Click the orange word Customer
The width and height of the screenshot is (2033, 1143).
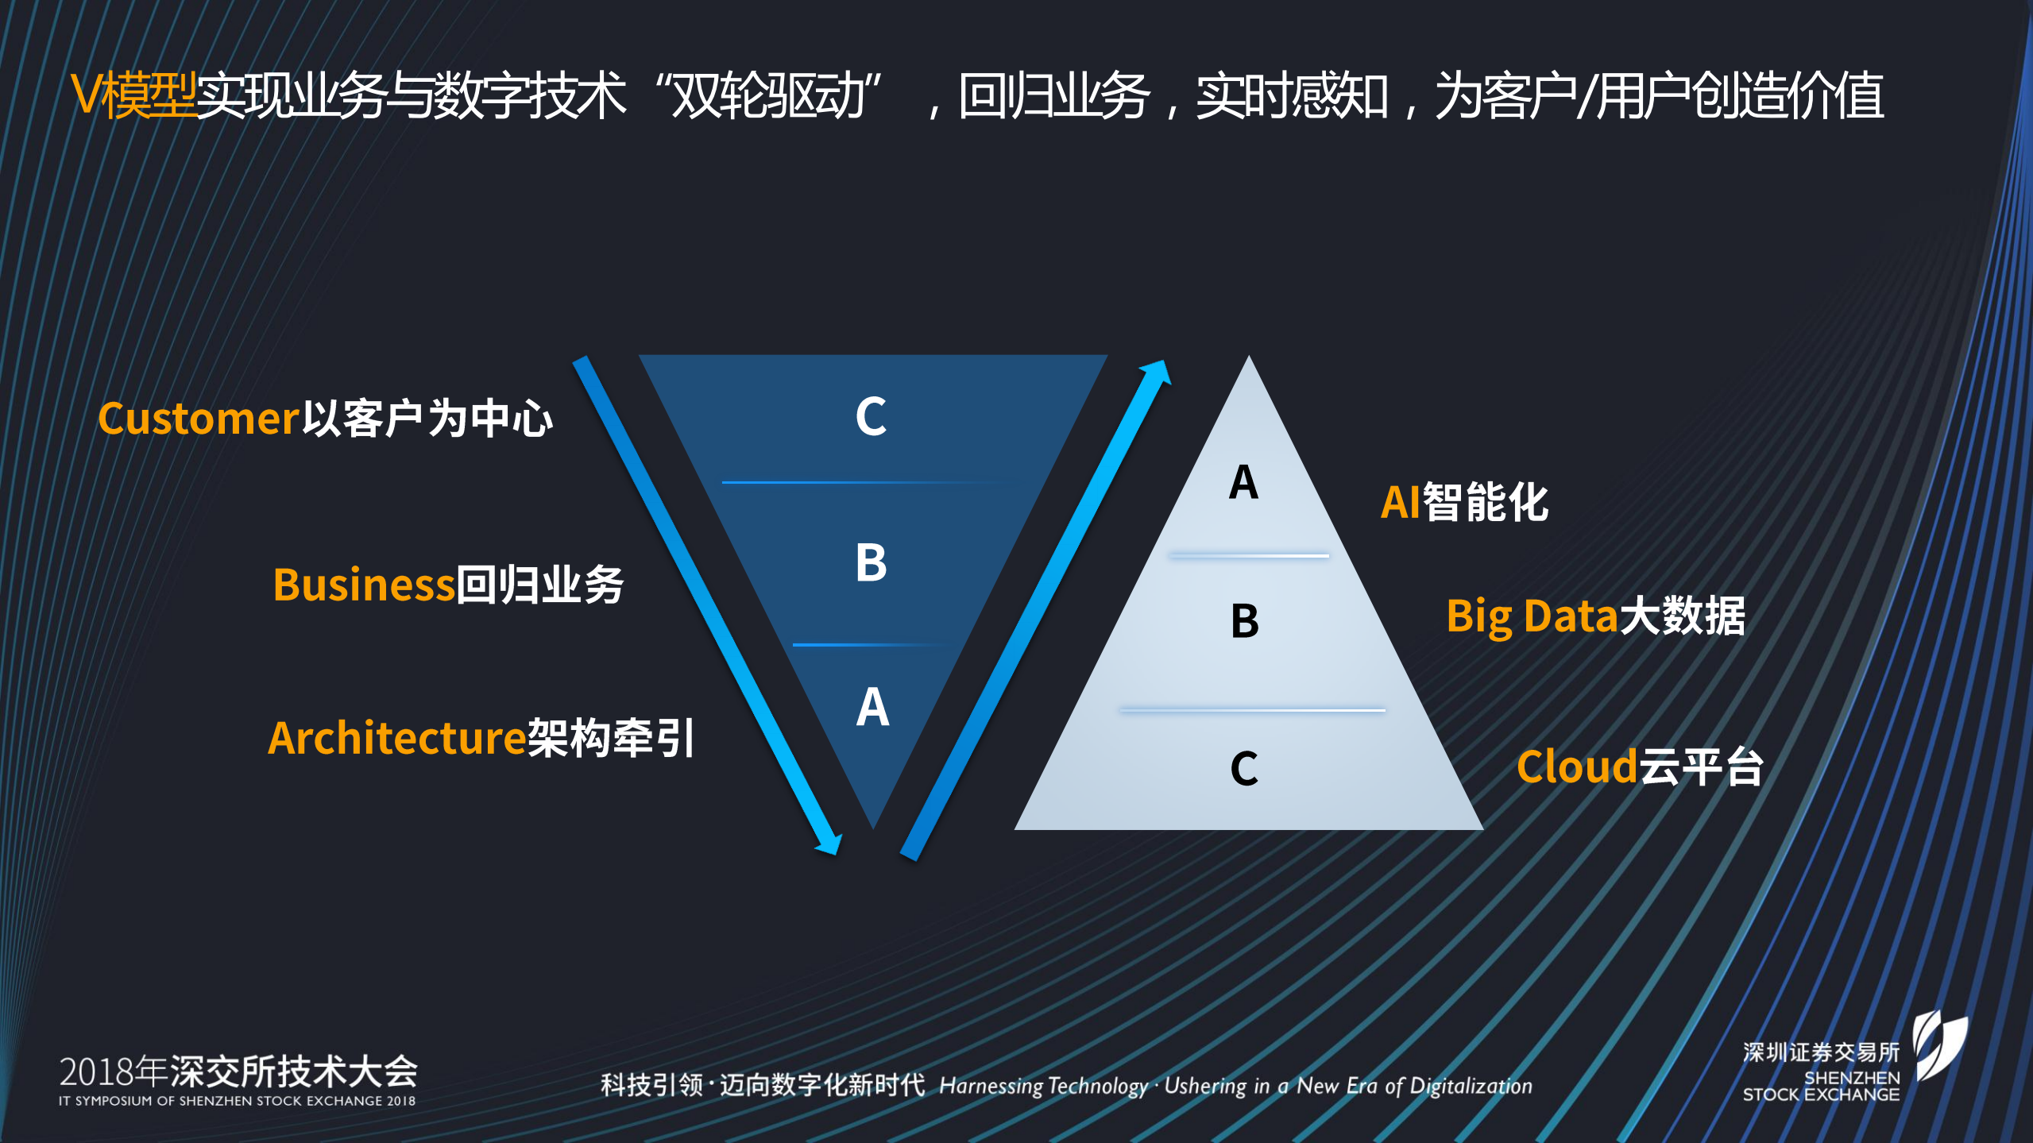coord(198,419)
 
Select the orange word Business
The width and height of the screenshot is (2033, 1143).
coord(363,585)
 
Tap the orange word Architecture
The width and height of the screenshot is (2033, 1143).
coord(396,738)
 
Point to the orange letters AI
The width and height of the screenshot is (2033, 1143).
coord(1400,503)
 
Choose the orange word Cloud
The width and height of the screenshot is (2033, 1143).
coord(1576,767)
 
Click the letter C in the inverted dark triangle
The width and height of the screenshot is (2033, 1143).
coord(871,416)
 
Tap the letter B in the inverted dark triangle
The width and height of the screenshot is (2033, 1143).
coord(871,563)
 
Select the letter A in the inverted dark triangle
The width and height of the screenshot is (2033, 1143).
coord(872,707)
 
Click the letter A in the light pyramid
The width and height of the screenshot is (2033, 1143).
coord(1243,482)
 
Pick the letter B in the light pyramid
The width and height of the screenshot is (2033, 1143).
coord(1245,621)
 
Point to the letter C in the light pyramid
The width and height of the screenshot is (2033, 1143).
coord(1244,768)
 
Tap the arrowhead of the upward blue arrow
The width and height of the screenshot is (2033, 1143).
coord(1158,373)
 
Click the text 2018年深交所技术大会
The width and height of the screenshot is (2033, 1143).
coord(238,1072)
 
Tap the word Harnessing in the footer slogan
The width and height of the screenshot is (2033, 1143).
coord(991,1086)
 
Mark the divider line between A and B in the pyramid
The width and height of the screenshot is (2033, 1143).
coord(1248,556)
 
